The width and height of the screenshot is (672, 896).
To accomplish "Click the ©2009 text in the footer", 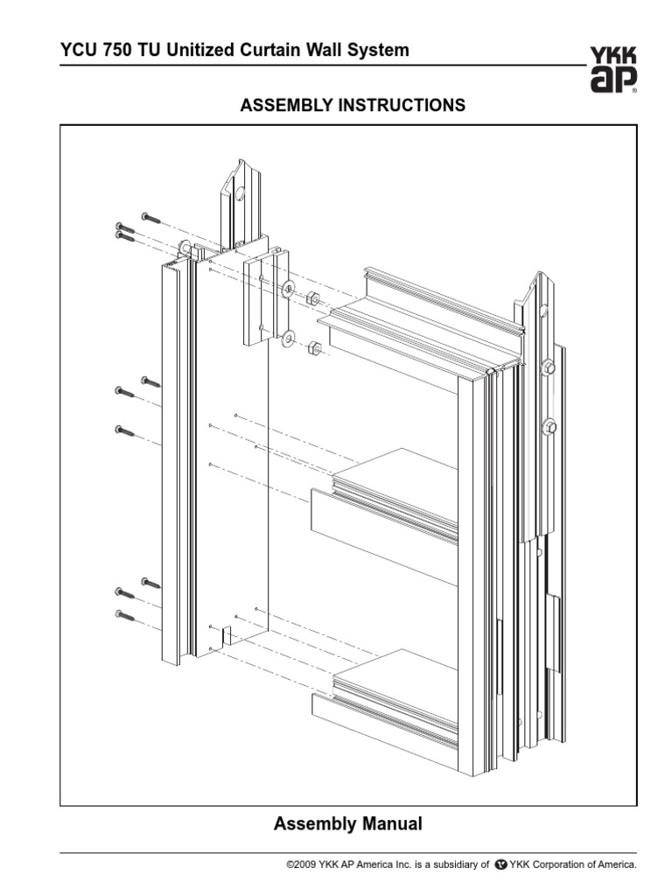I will click(304, 864).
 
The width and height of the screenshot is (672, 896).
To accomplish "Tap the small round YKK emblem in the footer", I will click(500, 864).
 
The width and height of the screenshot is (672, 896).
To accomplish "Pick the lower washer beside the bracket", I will click(289, 339).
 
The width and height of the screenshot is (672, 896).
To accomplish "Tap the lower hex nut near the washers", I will click(316, 350).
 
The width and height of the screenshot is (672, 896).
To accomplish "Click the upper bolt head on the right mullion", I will click(549, 367).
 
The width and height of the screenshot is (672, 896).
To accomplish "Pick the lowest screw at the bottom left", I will click(125, 616).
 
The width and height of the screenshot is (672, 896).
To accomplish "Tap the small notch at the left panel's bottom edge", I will click(226, 635).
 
